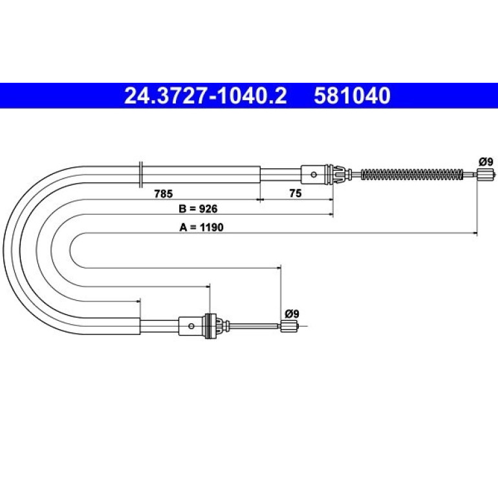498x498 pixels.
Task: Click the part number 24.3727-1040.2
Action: point(205,96)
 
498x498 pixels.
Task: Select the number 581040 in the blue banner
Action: point(352,96)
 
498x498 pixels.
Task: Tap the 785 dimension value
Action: point(163,193)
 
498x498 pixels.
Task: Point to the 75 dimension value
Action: point(296,193)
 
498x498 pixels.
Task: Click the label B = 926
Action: point(198,209)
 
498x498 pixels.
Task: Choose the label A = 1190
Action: point(201,227)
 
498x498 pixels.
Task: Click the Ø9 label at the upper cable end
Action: point(486,162)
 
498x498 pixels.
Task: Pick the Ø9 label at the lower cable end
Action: point(292,314)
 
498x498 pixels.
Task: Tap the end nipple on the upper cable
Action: point(486,175)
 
